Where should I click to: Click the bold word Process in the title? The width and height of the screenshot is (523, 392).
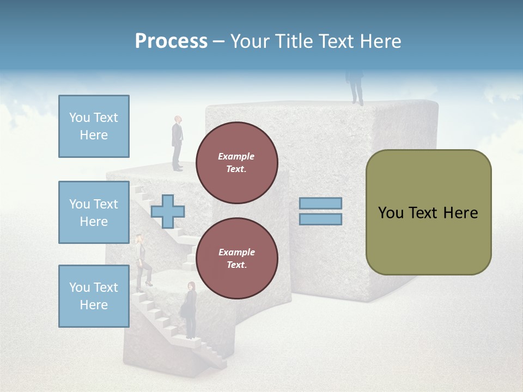tap(171, 41)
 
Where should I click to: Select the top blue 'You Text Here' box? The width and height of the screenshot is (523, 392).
tap(94, 126)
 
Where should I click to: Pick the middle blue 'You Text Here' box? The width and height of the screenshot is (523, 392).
tap(94, 212)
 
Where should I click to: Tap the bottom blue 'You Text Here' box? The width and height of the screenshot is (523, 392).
tap(94, 296)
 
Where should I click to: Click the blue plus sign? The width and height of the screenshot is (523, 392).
tap(168, 211)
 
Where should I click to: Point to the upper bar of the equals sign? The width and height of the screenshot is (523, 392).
tap(321, 204)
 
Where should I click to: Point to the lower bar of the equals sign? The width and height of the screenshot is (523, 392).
tap(321, 219)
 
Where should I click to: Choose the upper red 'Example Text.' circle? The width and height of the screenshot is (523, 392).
tap(237, 163)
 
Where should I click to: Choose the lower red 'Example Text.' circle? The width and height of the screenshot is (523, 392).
tap(237, 259)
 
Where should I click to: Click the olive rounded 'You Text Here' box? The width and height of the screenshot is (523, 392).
tap(428, 212)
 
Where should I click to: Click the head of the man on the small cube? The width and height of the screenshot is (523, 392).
tap(178, 120)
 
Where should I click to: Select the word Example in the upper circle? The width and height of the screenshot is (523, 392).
tap(236, 157)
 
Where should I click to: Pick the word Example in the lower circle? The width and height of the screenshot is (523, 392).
tap(236, 253)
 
